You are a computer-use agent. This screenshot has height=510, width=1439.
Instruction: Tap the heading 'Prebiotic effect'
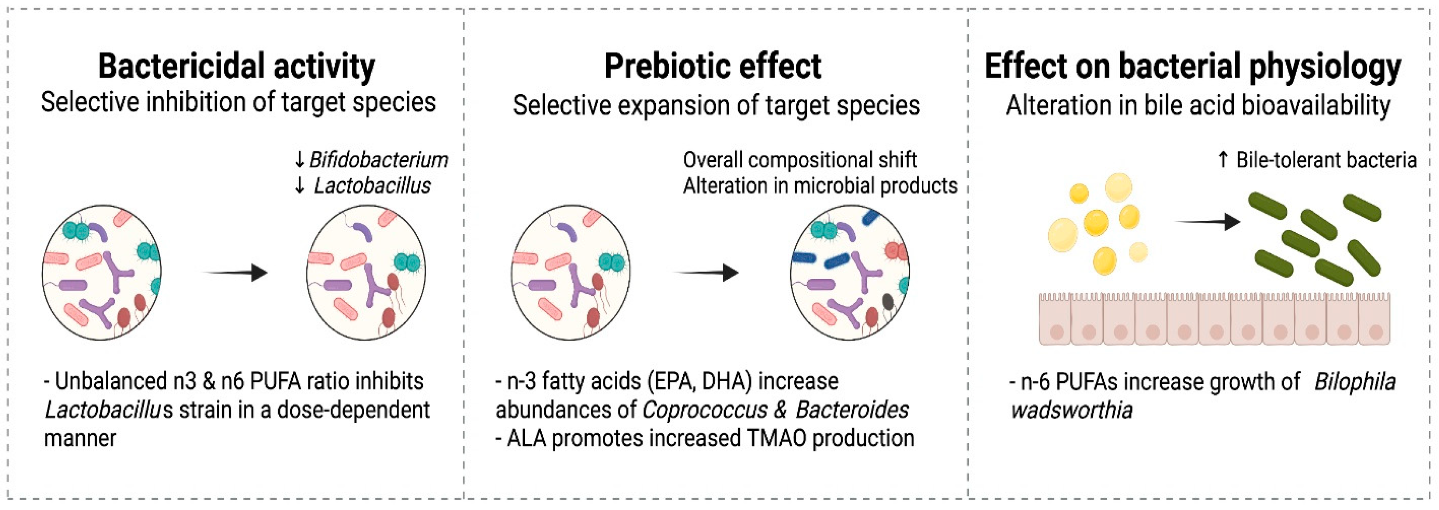pyautogui.click(x=713, y=66)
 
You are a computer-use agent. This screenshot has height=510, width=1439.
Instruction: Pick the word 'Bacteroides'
pyautogui.click(x=852, y=410)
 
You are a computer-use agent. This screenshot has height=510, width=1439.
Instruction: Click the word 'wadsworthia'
pyautogui.click(x=1071, y=410)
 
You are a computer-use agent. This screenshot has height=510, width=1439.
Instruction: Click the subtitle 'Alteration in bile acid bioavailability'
pyautogui.click(x=1198, y=105)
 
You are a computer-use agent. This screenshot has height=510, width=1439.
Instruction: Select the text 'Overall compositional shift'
pyautogui.click(x=799, y=160)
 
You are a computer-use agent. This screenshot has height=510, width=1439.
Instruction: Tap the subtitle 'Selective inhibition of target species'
pyautogui.click(x=238, y=103)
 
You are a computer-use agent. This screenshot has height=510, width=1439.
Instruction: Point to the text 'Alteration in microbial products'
pyautogui.click(x=820, y=186)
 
